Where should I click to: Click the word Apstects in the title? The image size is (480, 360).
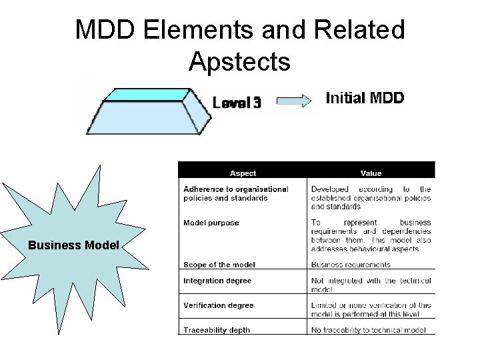click(239, 62)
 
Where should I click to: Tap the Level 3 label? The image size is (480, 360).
click(237, 103)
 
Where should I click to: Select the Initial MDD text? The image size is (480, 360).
click(365, 98)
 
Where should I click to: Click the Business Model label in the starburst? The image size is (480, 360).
click(73, 245)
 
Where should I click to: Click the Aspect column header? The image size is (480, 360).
click(243, 173)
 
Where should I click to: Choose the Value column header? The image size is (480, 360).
click(371, 173)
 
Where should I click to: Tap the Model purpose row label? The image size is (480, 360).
click(211, 223)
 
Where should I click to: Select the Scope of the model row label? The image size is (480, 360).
click(219, 265)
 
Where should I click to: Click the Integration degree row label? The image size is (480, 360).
click(217, 281)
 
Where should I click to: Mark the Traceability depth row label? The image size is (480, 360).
click(217, 330)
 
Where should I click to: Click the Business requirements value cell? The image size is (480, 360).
click(351, 265)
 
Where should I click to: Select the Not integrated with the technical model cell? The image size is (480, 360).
click(371, 285)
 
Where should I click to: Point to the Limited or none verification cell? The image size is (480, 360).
click(371, 309)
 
